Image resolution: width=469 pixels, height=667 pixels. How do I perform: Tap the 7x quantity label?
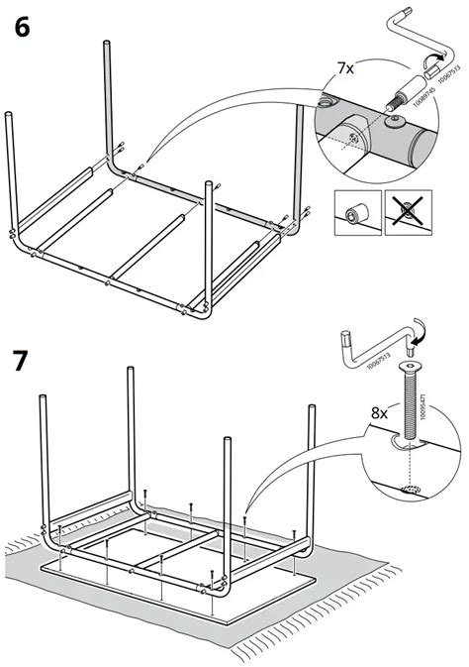click(x=345, y=68)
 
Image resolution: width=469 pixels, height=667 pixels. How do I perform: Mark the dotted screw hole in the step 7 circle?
click(x=409, y=489)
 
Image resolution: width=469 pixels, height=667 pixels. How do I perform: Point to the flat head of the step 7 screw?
click(x=408, y=367)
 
